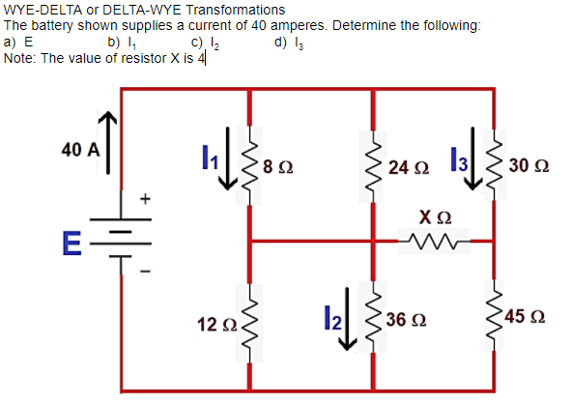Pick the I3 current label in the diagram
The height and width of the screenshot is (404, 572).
(x=460, y=160)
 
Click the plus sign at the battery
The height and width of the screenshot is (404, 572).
(x=147, y=199)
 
